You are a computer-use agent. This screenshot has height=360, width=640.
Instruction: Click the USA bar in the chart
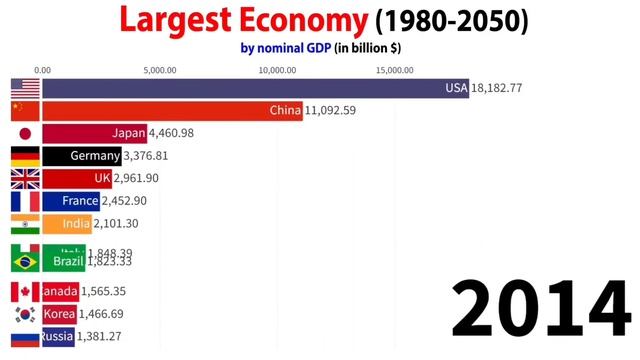pos(240,89)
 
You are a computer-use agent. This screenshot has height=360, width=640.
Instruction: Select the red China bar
pos(170,111)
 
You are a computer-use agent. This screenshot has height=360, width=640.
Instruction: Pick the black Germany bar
pos(81,156)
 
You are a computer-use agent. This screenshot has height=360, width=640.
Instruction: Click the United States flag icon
pos(24,89)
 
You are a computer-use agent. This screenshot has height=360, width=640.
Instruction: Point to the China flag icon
pos(24,111)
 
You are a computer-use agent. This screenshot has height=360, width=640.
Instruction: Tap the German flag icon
pos(24,156)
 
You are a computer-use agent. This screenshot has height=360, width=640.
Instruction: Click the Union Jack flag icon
pos(24,179)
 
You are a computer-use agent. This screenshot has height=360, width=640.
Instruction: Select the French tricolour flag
pos(24,201)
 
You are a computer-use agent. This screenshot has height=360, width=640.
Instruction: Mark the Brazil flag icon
pos(24,261)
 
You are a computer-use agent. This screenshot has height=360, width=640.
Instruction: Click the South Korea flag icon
pos(24,314)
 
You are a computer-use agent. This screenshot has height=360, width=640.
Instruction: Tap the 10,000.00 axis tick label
pos(277,70)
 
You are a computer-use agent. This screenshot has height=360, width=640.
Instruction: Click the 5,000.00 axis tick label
pos(160,70)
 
